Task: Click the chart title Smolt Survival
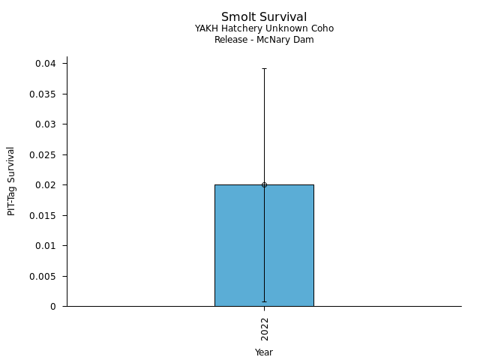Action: coord(264,17)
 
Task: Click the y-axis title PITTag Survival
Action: coord(11,181)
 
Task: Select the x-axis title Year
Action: coord(264,352)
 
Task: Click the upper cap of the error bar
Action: coord(264,68)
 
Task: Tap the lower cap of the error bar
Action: coord(264,301)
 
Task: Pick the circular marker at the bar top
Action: coord(264,184)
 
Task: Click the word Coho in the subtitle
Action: coord(323,28)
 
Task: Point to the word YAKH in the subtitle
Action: coord(206,28)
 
